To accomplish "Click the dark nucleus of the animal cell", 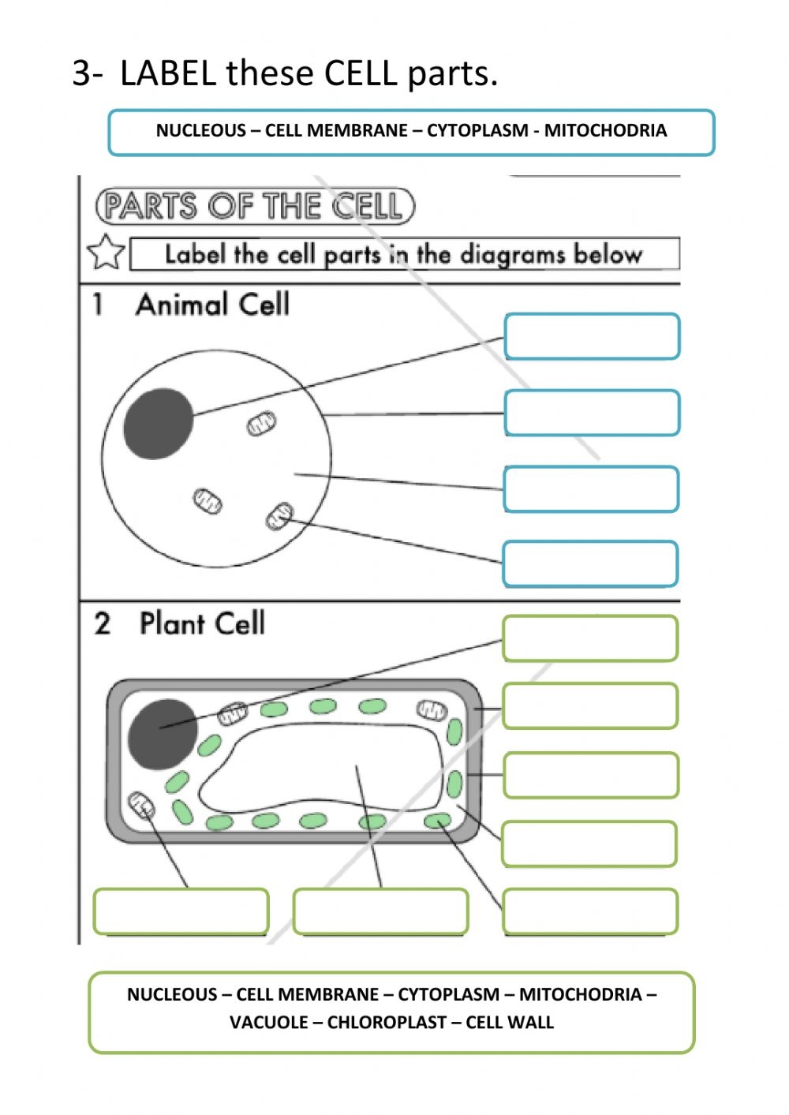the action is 159,423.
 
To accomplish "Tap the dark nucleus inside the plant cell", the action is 163,734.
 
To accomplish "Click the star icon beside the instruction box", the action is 106,252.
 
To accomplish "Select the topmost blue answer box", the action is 592,336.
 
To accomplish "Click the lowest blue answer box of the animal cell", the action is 590,563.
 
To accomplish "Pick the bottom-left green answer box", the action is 181,911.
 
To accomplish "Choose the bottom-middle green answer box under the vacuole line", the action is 381,911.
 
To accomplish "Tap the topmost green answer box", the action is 590,638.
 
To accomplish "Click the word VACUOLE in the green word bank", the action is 268,1023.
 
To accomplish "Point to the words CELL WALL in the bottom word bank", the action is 510,1023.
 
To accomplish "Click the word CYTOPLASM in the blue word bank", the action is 477,130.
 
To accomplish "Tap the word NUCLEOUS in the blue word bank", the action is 201,130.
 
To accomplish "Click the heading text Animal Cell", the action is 212,304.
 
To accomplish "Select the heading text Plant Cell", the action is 202,623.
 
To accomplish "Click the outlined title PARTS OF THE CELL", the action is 255,206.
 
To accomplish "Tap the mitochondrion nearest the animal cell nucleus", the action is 262,423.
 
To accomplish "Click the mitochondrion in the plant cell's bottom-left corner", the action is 141,806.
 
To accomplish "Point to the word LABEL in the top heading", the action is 168,73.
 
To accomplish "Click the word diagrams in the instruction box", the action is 513,255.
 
